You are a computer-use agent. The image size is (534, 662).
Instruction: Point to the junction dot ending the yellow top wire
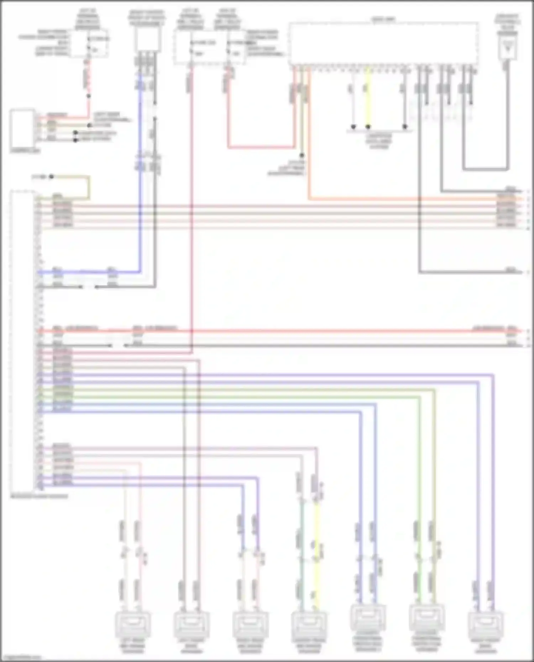coord(368,127)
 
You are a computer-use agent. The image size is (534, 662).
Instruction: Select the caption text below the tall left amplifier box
coord(39,496)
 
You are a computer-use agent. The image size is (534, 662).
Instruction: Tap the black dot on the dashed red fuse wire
coord(89,96)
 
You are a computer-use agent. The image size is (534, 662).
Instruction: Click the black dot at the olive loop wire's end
coord(51,176)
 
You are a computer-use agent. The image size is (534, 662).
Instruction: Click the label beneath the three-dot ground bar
coord(379,141)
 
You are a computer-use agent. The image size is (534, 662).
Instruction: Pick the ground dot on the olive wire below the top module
coord(302,155)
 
